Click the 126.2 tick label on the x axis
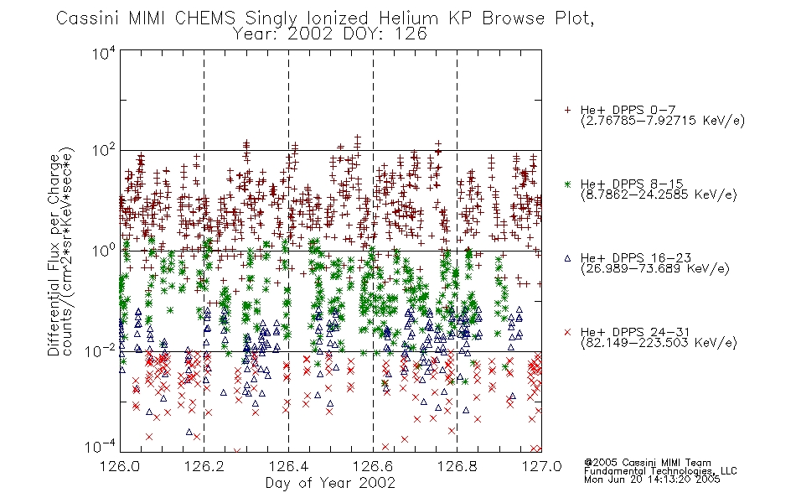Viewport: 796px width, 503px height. pos(204,466)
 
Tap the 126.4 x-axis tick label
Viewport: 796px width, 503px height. pos(288,466)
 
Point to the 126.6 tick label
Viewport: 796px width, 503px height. pos(373,466)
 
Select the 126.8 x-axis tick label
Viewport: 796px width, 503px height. pos(457,466)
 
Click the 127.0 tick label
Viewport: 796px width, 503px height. pos(541,466)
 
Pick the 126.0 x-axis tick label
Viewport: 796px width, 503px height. pos(120,466)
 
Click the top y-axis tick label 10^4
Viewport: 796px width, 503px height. pos(104,54)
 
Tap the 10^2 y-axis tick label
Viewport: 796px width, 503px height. pos(104,151)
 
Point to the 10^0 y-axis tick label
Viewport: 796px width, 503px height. pos(104,251)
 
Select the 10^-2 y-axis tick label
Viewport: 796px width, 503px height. pos(101,350)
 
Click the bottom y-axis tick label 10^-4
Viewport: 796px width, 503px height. pos(101,447)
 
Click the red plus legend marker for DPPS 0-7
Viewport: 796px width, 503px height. pos(567,110)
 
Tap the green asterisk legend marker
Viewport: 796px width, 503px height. pos(567,184)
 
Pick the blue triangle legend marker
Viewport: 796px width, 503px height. pos(567,258)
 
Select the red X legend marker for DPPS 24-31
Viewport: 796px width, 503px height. pos(567,332)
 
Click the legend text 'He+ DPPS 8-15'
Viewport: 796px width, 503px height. pos(632,184)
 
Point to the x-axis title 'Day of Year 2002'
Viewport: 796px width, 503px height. pos(330,483)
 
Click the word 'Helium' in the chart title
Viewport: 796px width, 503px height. pos(408,18)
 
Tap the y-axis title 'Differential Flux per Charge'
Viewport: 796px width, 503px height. pos(54,255)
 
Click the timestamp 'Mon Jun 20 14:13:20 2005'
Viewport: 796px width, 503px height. pos(652,480)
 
